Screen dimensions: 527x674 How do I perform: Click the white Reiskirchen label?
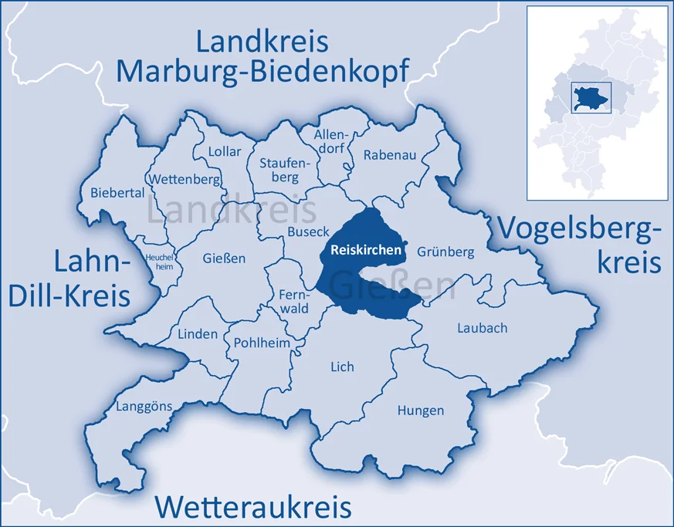pyautogui.click(x=365, y=250)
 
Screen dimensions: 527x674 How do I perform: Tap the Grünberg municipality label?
pyautogui.click(x=445, y=252)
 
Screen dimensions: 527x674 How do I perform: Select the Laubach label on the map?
pyautogui.click(x=482, y=328)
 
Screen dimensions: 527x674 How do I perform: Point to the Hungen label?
pyautogui.click(x=420, y=410)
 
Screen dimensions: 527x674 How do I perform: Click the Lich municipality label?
pyautogui.click(x=342, y=367)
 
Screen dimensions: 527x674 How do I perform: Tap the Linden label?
pyautogui.click(x=198, y=335)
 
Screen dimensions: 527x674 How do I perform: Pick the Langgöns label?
pyautogui.click(x=144, y=406)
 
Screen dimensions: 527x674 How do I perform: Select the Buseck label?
pyautogui.click(x=308, y=231)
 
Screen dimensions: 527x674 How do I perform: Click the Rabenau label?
pyautogui.click(x=390, y=155)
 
